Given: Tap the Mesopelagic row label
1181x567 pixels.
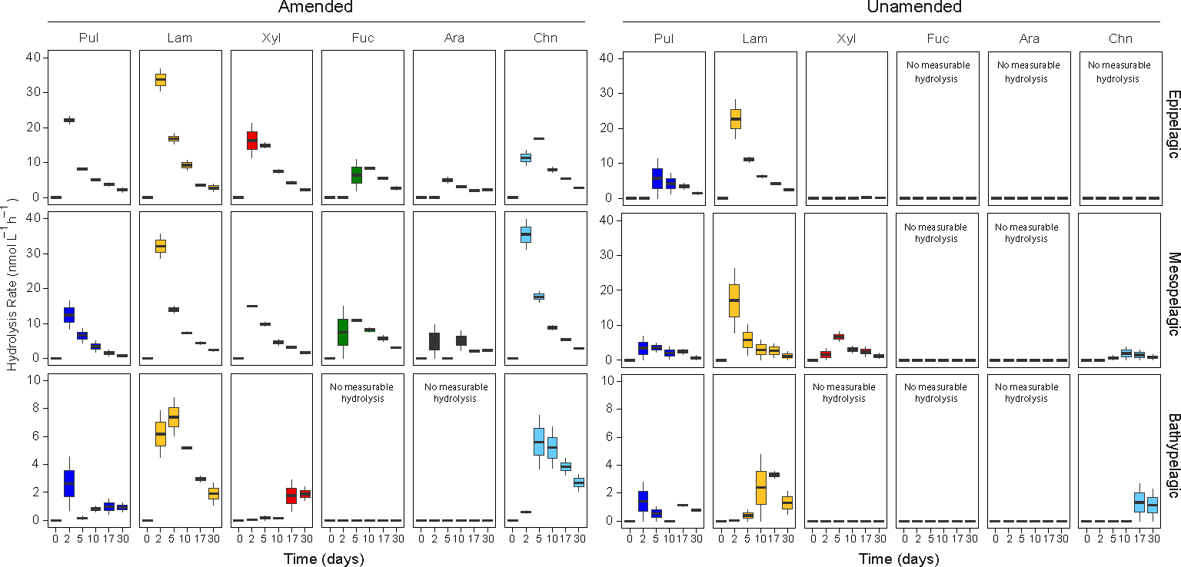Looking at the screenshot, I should [x=1173, y=289].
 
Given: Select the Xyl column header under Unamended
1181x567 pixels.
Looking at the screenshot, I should [x=847, y=38].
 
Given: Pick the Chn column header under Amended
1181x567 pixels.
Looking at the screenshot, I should [x=545, y=38].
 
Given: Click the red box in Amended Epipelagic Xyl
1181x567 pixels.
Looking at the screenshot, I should [x=251, y=140].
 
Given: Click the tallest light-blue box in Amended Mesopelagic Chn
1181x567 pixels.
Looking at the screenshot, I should [x=526, y=234].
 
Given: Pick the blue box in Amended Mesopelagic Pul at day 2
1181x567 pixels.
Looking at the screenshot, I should [x=68, y=315].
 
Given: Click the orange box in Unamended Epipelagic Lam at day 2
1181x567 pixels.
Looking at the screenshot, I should [x=735, y=119].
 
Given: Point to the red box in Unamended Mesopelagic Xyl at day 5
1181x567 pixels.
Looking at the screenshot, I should [x=839, y=337].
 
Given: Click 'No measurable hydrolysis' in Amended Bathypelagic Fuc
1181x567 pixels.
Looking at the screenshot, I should [x=364, y=393].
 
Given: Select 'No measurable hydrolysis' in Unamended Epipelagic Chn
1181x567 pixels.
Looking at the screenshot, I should [x=1119, y=72].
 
